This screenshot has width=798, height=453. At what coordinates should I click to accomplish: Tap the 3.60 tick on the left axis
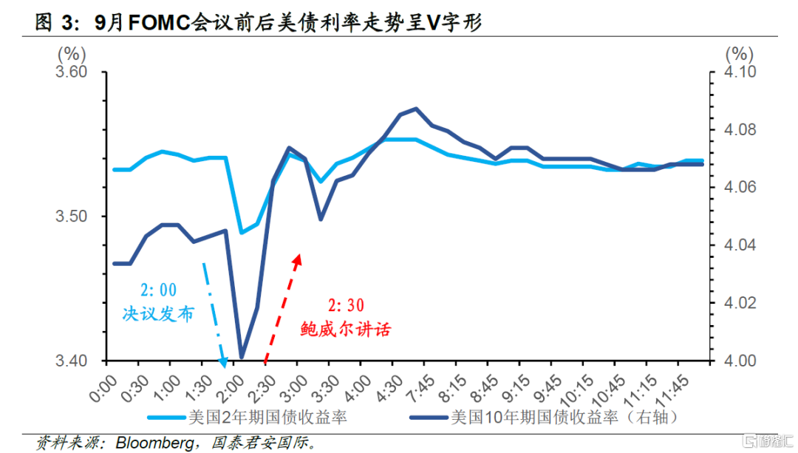pyautogui.click(x=72, y=72)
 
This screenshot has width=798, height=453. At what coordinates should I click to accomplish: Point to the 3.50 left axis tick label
pyautogui.click(x=72, y=217)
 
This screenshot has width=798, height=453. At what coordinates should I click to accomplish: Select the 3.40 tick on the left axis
pyautogui.click(x=72, y=361)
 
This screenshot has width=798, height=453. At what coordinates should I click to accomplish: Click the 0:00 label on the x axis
pyautogui.click(x=105, y=386)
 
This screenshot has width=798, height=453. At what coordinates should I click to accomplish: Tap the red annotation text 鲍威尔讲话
pyautogui.click(x=345, y=329)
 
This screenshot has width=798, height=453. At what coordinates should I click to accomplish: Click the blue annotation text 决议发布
pyautogui.click(x=159, y=313)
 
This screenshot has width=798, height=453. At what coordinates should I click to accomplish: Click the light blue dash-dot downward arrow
pyautogui.click(x=214, y=310)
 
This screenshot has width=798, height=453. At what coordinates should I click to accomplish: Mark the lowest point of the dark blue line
pyautogui.click(x=242, y=357)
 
